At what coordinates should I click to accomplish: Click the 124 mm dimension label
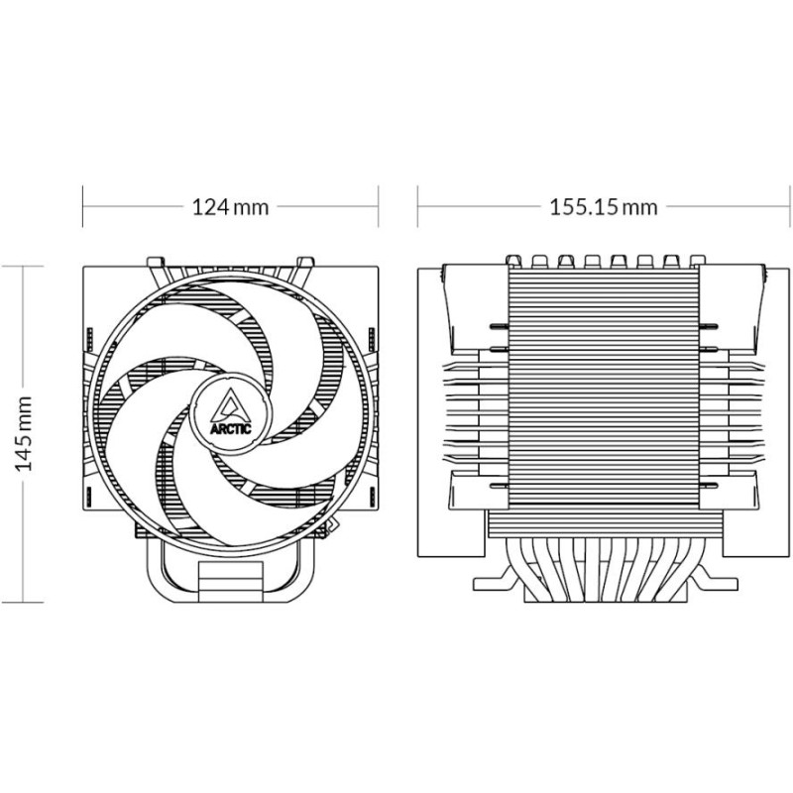point(229,207)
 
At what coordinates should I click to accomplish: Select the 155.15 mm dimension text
point(603,207)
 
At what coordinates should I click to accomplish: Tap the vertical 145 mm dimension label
point(24,434)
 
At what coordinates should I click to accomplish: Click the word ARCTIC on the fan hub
point(230,429)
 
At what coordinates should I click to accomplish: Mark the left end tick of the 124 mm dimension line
point(82,207)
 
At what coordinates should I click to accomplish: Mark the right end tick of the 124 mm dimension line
point(378,207)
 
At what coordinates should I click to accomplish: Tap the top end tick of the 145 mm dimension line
point(24,266)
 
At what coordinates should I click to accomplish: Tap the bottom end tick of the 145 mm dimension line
point(24,602)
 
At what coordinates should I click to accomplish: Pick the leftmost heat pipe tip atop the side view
point(513,260)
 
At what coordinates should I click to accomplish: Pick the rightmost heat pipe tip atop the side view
point(693,260)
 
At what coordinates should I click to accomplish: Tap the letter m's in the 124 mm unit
point(252,207)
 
